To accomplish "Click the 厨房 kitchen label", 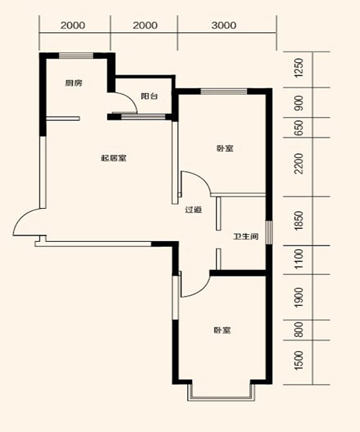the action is click(x=73, y=83).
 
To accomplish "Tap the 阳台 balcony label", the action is click(x=149, y=96).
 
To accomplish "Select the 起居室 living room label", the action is click(x=114, y=158).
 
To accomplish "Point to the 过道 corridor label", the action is click(x=194, y=210).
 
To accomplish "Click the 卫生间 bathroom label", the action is click(x=246, y=236).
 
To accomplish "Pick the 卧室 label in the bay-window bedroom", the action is click(x=222, y=330).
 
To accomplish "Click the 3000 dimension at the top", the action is click(x=224, y=25).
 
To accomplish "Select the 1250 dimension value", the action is click(x=299, y=68).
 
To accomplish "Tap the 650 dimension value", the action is click(x=299, y=127).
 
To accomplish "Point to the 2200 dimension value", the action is click(x=299, y=163).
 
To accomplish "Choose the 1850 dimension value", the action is click(x=299, y=221).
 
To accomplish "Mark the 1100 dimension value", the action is click(x=299, y=259).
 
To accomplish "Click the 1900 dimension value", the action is click(x=299, y=297).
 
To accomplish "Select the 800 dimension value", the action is click(x=299, y=330).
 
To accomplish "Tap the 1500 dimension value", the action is click(x=299, y=361).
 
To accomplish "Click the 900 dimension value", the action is click(x=299, y=103).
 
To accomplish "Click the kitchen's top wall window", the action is click(x=76, y=56).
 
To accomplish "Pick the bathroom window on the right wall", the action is click(x=269, y=233).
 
